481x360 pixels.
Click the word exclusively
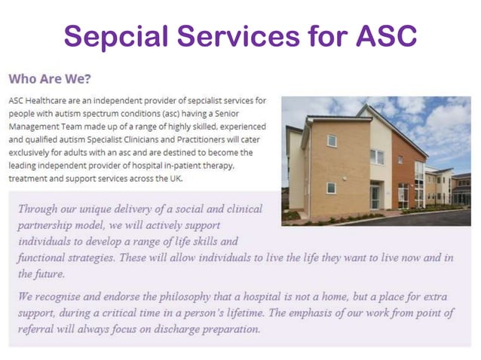pyautogui.click(x=32, y=152)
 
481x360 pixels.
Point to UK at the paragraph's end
pyautogui.click(x=174, y=178)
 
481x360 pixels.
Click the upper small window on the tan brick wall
pyautogui.click(x=332, y=140)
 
